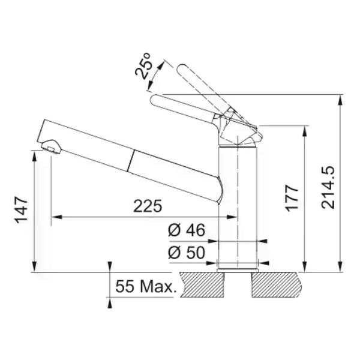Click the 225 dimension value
(148, 206)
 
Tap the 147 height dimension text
(22, 210)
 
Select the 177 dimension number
(292, 197)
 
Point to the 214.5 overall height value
(328, 187)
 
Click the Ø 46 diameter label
(187, 230)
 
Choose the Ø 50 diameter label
(187, 253)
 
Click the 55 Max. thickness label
(146, 286)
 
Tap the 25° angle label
(143, 66)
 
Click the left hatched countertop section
(202, 284)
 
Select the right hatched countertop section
(275, 284)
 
